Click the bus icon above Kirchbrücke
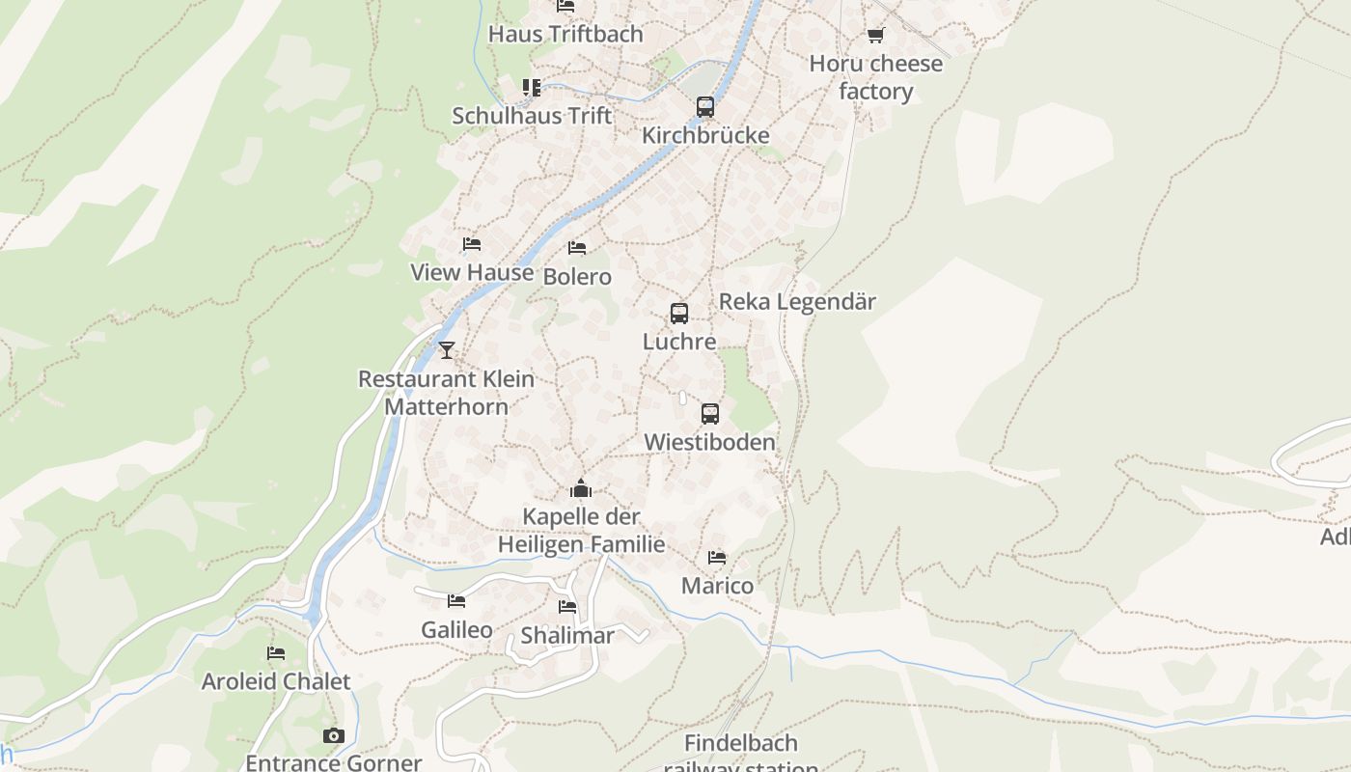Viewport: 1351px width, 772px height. coord(705,107)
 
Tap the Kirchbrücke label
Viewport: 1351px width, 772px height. coord(705,135)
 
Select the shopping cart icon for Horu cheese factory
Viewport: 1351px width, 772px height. coord(875,36)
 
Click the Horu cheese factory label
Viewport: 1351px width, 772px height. coord(875,77)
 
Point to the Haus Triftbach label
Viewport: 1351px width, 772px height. coord(565,34)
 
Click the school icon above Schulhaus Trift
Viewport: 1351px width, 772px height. coord(532,88)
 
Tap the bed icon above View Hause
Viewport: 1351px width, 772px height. coord(471,244)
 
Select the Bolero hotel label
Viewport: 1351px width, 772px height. coord(577,277)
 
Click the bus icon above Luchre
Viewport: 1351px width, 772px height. coord(679,314)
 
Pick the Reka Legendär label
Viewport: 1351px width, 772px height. coord(797,302)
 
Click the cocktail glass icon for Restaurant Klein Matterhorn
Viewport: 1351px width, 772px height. coord(446,349)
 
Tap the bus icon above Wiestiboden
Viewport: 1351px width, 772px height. coord(710,414)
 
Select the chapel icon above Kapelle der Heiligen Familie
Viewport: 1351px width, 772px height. coord(581,488)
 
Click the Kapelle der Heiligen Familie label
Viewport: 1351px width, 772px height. coord(581,531)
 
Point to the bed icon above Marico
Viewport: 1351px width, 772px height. coord(717,558)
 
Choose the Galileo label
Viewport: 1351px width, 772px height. coord(456,630)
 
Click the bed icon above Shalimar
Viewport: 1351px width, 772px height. coord(567,607)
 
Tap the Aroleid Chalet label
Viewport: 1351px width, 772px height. coord(276,681)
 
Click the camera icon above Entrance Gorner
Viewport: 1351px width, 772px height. coord(333,736)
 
